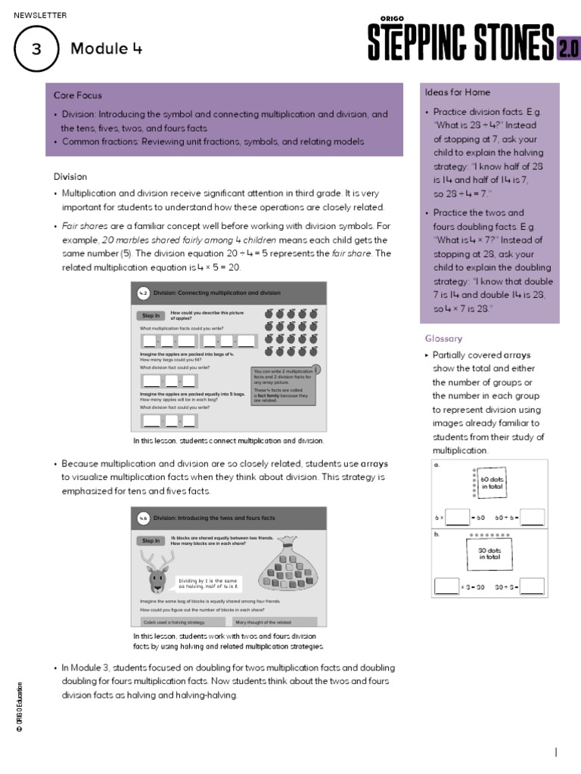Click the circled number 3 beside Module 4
36,49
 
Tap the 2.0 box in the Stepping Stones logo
567,48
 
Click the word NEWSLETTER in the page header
40,15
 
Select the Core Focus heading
77,95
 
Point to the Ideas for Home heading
457,92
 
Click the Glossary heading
443,339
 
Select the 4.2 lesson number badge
143,293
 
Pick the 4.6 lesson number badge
143,519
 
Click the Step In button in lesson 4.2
151,315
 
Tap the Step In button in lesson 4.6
151,540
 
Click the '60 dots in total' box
491,484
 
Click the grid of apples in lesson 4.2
291,332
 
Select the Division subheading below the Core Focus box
70,176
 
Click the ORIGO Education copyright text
19,706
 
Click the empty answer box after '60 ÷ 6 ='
532,518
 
